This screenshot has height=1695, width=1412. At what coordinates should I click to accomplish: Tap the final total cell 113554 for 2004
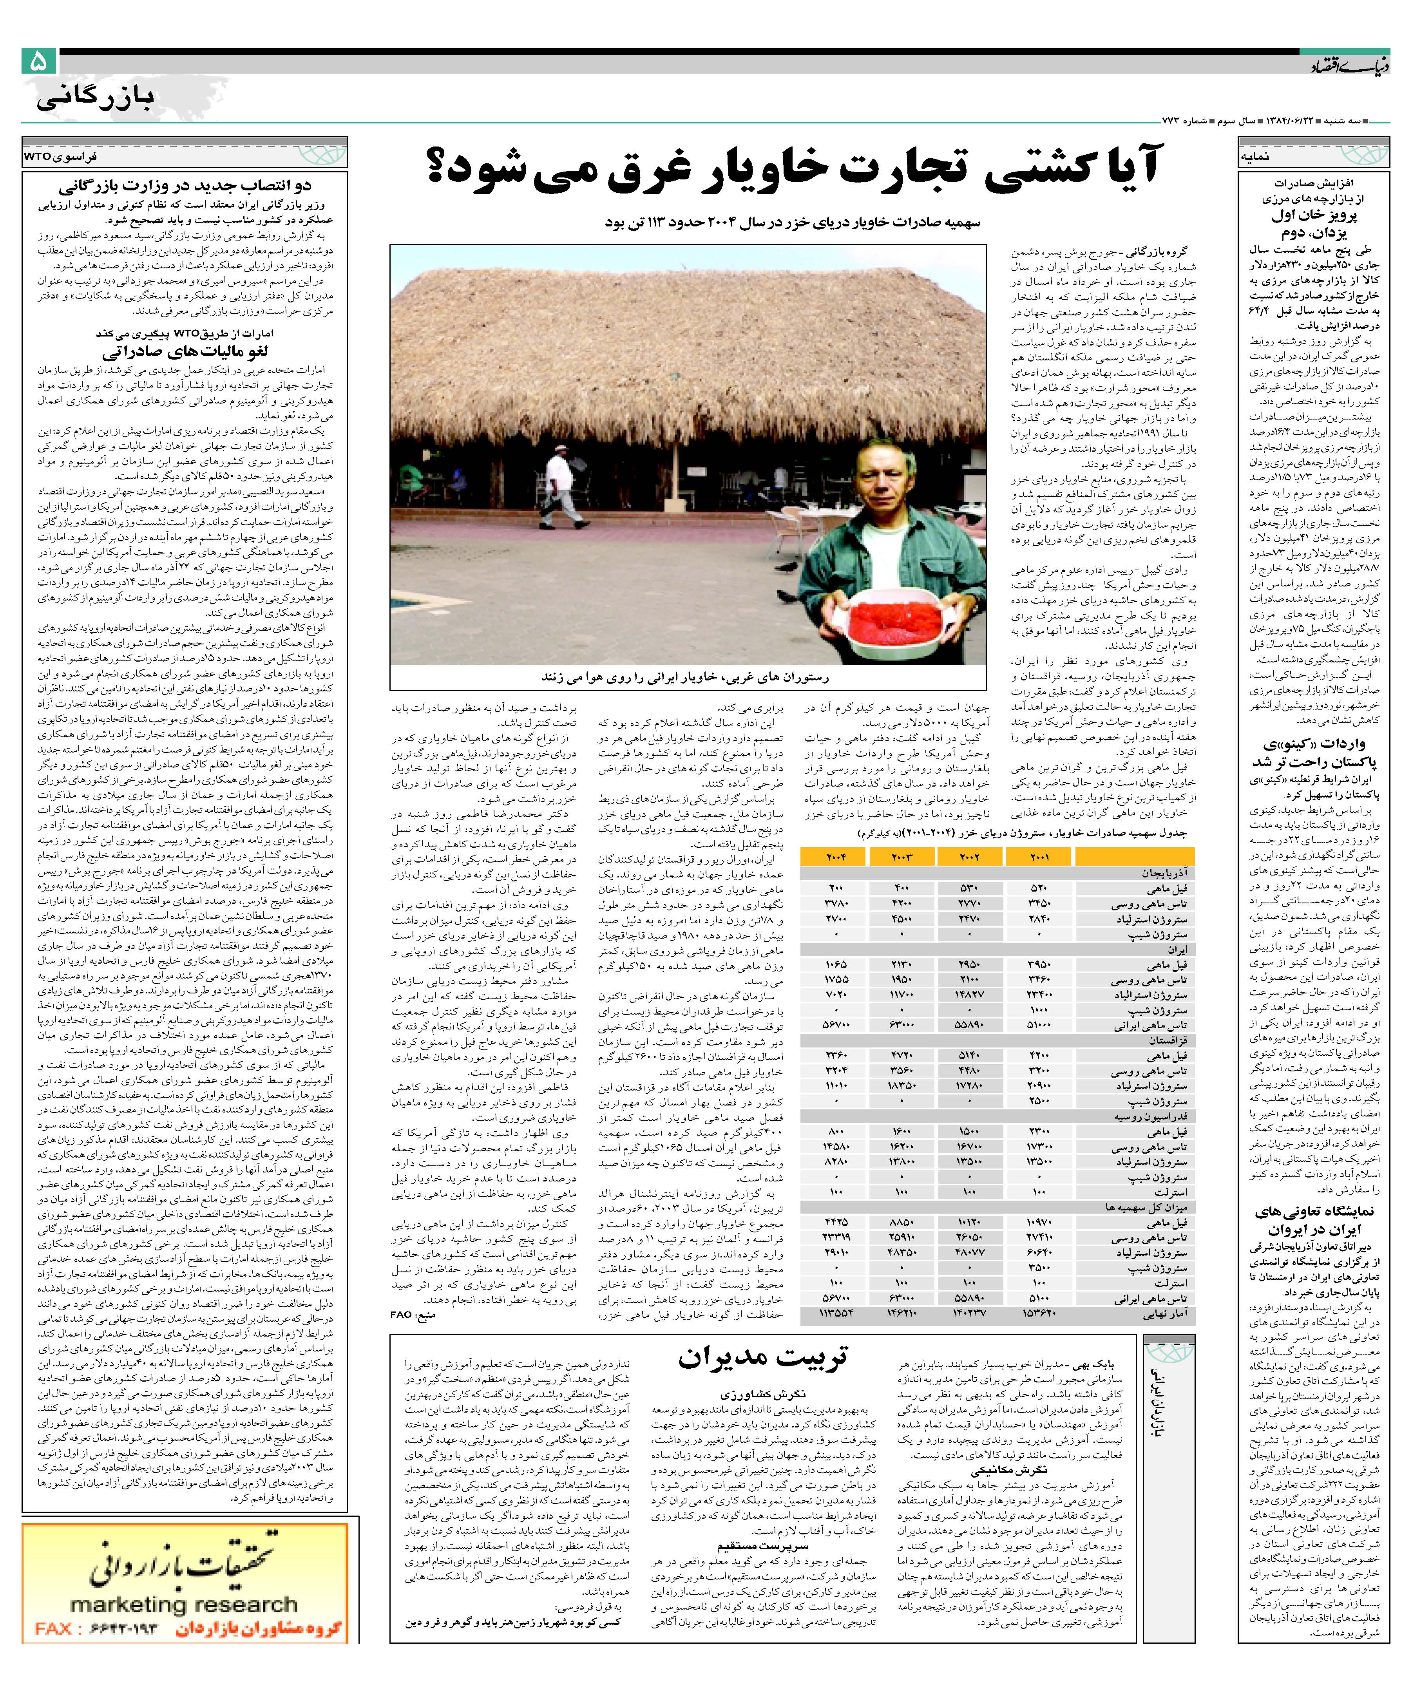point(836,1313)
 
